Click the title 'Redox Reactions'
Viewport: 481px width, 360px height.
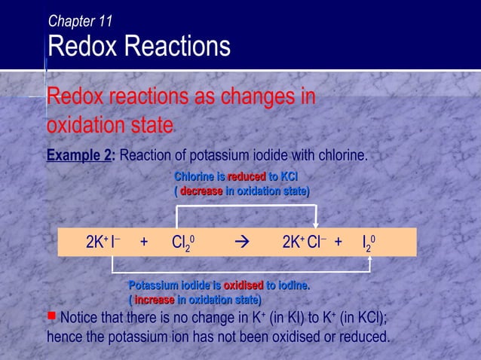coord(139,47)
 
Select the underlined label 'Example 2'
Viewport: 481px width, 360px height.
coord(80,156)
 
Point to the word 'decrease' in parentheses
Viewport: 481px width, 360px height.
coord(201,191)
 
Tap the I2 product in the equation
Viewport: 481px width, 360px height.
coord(369,243)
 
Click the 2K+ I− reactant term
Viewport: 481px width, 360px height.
coord(103,243)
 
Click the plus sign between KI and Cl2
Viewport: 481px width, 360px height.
coord(144,243)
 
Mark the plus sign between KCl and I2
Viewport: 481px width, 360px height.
coord(339,243)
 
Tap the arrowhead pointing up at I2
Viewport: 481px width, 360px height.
coord(369,260)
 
